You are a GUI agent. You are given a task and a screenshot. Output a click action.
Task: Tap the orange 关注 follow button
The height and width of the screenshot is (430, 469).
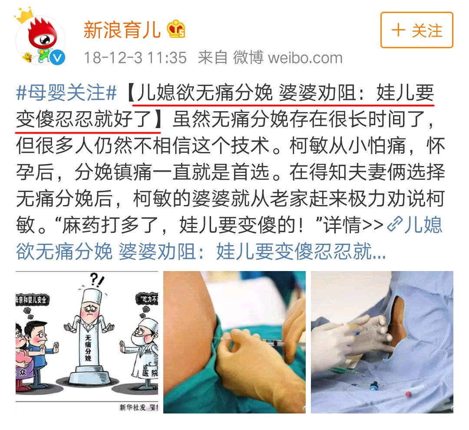(x=416, y=30)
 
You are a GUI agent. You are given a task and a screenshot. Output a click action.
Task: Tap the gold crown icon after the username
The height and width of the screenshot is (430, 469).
(x=176, y=29)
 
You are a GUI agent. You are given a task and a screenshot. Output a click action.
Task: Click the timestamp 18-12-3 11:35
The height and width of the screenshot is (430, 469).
(x=135, y=58)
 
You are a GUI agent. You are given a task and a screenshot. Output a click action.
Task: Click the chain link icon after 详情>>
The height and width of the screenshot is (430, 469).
(x=395, y=225)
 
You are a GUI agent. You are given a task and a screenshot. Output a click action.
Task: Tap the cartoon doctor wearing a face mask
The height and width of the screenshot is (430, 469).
(x=141, y=343)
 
